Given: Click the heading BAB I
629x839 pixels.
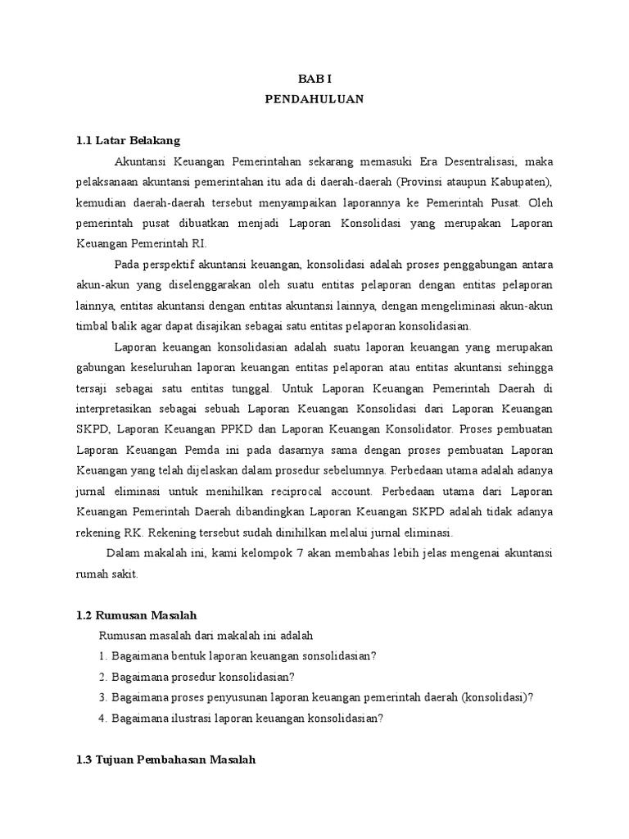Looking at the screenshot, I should [314, 78].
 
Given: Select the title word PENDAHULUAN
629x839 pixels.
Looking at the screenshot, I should [314, 98].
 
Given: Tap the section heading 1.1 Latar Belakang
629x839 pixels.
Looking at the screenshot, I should [127, 140].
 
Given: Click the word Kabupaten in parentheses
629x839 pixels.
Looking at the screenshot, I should [513, 181].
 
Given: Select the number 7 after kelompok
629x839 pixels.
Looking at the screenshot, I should [301, 554].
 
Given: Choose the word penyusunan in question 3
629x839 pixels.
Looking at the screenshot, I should [223, 697].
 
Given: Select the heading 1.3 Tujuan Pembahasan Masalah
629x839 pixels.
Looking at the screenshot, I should [166, 760].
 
